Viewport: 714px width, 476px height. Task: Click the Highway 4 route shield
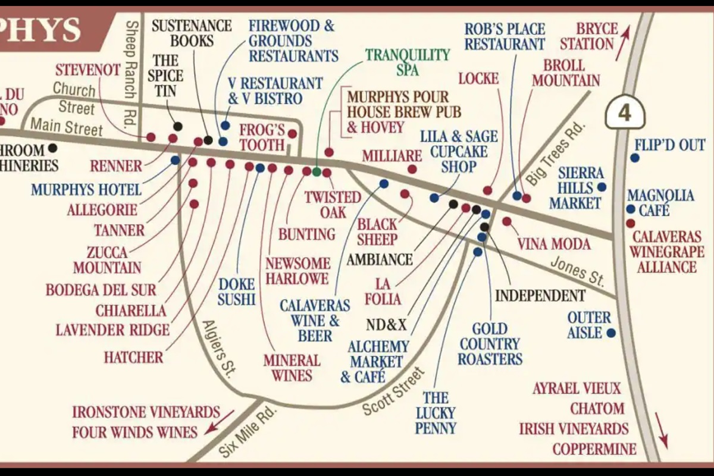pos(625,112)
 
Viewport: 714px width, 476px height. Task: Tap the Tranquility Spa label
pos(408,62)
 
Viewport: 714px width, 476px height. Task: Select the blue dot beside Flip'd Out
pos(635,158)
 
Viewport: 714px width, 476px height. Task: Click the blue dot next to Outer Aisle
pos(611,333)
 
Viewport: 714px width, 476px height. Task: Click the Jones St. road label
pos(577,270)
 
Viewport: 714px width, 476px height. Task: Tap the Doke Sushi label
pos(236,292)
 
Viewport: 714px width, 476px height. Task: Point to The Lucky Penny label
pos(440,412)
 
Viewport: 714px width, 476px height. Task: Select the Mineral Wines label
pos(292,368)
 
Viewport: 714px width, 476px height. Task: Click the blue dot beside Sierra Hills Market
pos(602,187)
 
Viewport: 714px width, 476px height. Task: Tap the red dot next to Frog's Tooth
pos(292,134)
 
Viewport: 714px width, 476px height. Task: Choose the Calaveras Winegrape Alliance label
pos(667,252)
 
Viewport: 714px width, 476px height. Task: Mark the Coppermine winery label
pos(594,449)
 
